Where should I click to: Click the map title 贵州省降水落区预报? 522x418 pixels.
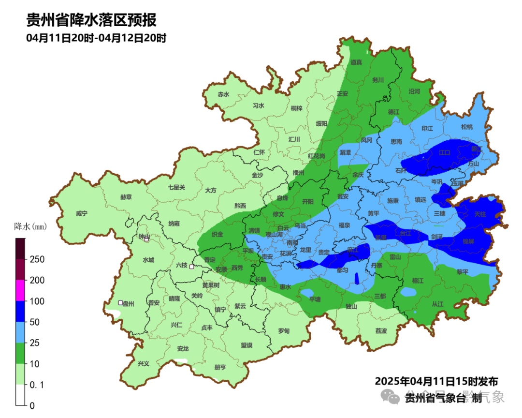(x=91, y=20)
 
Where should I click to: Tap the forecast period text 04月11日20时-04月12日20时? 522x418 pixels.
(x=96, y=38)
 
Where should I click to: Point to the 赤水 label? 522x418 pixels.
(x=223, y=95)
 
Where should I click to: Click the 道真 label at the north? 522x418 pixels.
(x=356, y=62)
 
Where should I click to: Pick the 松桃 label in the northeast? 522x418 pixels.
(x=466, y=127)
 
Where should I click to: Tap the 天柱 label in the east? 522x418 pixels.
(x=480, y=213)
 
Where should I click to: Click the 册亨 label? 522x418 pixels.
(x=220, y=367)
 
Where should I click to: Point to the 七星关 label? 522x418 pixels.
(x=176, y=187)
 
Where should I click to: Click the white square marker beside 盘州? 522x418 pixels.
(x=120, y=303)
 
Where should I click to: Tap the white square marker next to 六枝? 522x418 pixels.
(x=192, y=267)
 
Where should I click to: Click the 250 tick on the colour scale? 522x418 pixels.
(x=37, y=259)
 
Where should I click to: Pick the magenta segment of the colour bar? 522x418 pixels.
(x=20, y=290)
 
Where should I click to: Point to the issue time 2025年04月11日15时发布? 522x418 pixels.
(x=436, y=381)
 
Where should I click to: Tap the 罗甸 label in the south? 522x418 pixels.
(x=284, y=331)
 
